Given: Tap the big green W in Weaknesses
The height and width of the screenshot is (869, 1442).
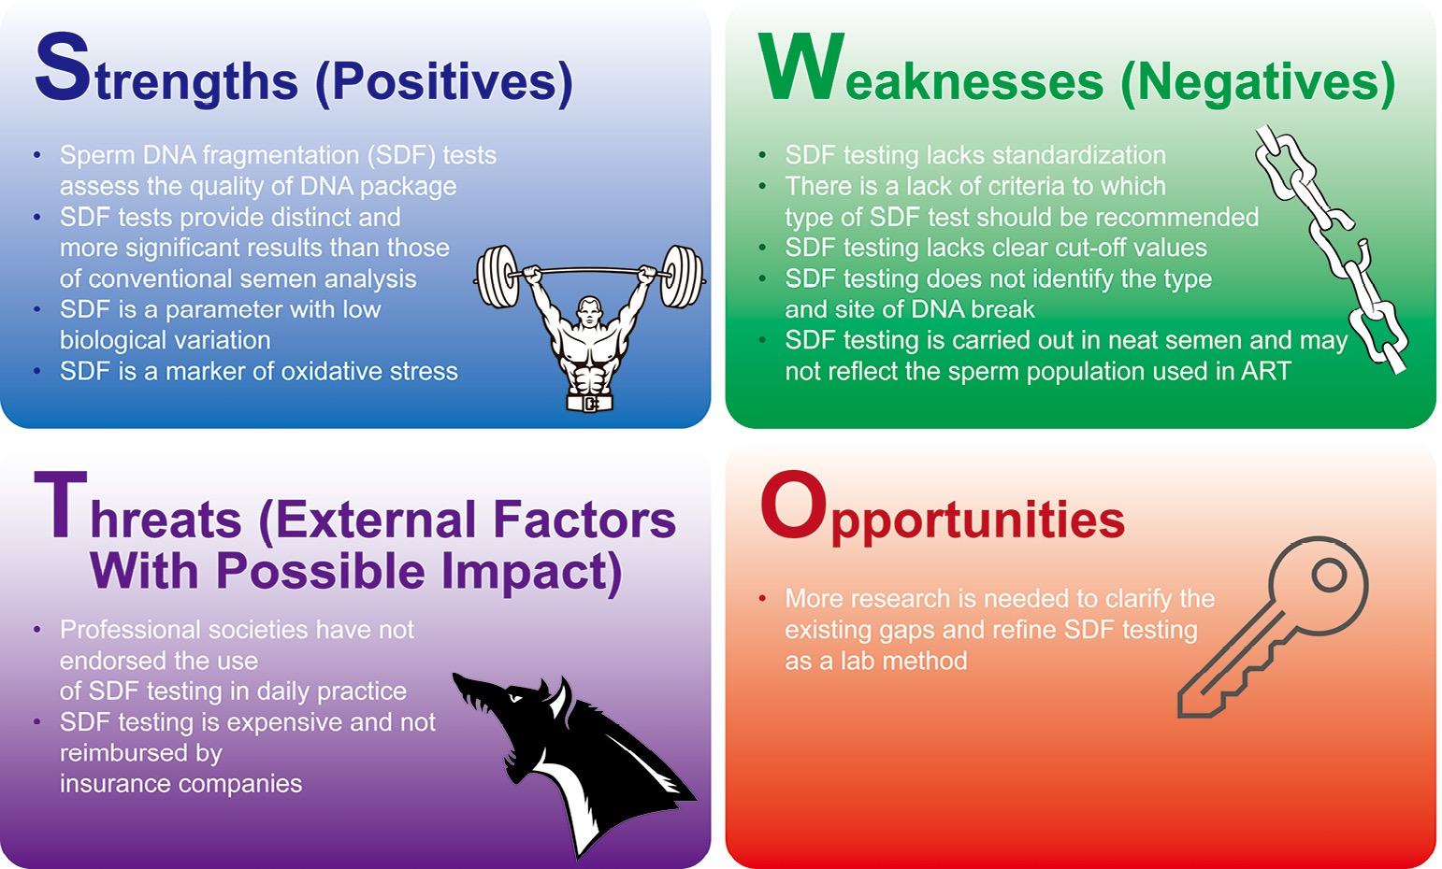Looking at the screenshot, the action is coord(801,66).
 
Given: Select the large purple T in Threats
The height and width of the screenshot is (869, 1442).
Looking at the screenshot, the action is coord(60,505).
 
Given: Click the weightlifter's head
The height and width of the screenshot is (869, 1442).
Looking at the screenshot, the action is coord(589,313).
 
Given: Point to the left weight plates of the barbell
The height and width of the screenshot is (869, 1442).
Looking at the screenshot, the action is coord(497,277).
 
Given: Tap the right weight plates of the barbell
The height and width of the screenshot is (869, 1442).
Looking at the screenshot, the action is coord(683,277).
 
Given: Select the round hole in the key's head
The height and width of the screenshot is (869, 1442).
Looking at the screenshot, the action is coord(1330,575).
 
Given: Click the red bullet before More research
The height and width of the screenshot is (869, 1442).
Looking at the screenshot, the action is coord(762,599).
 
